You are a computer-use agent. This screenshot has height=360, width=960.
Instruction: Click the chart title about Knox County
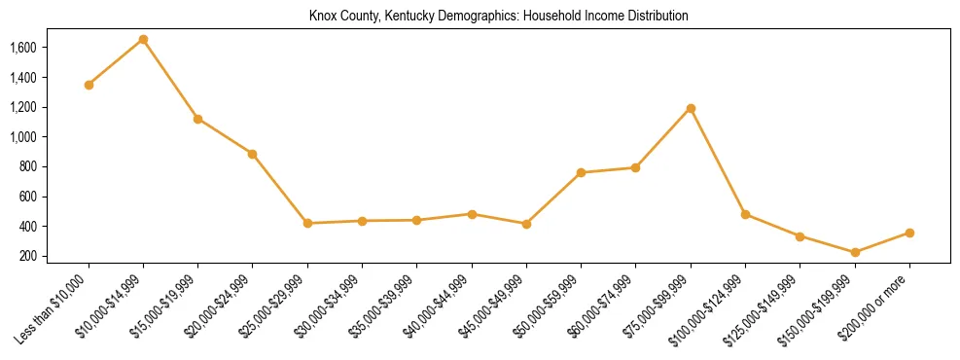499,17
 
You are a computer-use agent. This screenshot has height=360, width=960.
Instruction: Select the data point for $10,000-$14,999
143,39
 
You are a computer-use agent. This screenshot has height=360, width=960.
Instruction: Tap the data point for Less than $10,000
89,85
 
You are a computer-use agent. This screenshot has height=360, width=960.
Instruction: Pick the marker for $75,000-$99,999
691,108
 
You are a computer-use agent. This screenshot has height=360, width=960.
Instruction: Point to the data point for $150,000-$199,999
855,252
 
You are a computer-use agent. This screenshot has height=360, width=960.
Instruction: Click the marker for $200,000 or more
909,233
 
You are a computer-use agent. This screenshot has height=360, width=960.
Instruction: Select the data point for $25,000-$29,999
307,223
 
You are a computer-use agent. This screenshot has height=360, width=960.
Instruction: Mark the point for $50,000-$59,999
581,172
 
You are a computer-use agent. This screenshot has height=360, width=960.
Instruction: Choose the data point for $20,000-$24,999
253,154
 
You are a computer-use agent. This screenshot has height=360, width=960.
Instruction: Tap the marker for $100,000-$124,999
745,214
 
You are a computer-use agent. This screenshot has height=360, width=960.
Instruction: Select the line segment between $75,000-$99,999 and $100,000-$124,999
718,162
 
